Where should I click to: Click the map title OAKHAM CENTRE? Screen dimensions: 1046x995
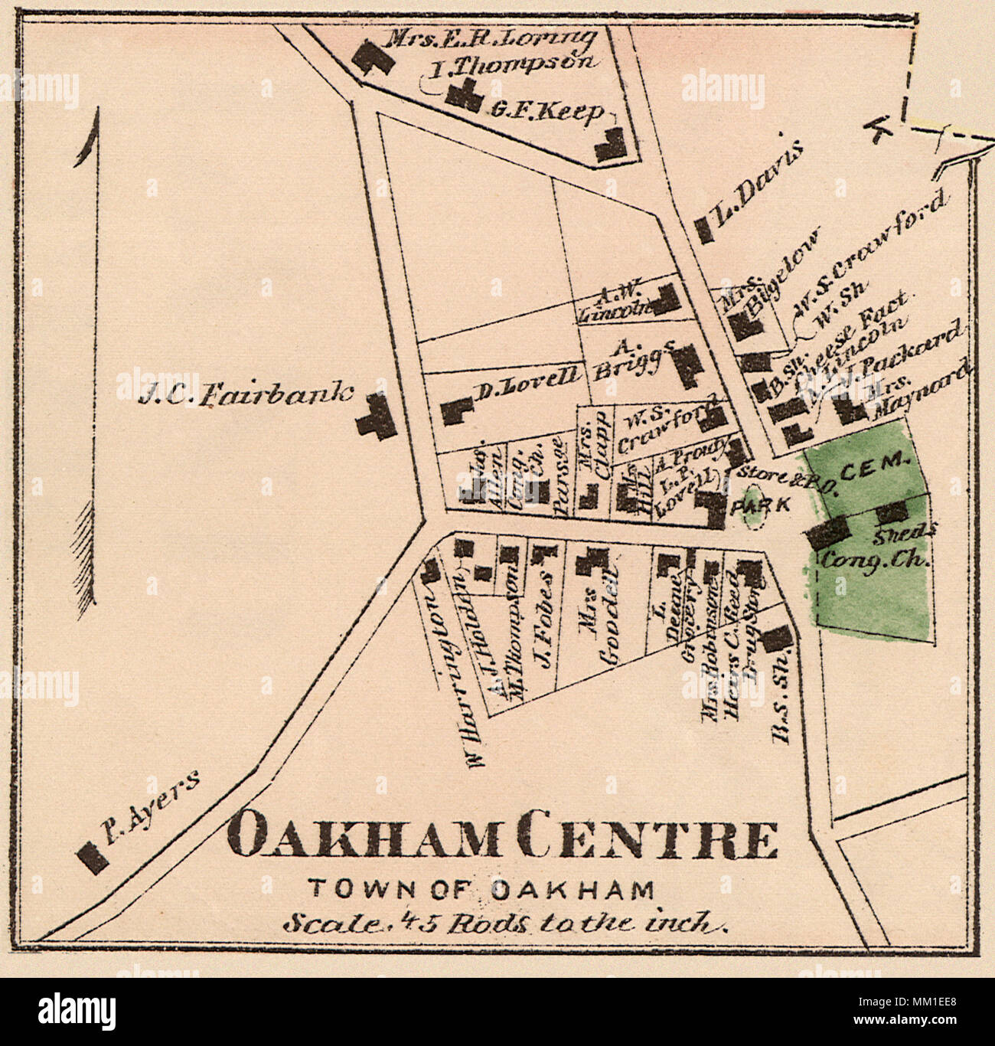point(503,837)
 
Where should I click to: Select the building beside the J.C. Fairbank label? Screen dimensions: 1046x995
point(376,417)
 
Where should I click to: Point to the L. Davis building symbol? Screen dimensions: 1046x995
point(702,230)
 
